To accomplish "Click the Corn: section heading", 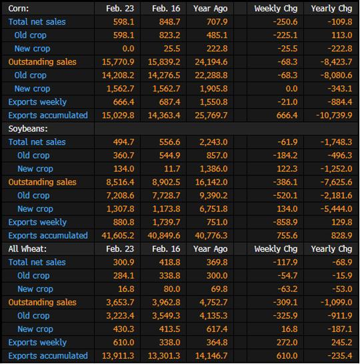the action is click(19, 9).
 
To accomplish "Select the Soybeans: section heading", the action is click(28, 129).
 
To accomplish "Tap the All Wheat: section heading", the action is click(27, 249).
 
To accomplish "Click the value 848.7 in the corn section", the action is click(169, 22).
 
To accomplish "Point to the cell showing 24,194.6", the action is click(211, 62).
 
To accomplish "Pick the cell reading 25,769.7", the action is click(211, 115).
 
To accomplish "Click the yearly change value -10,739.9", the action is click(334, 115).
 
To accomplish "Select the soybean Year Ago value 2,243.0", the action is click(213, 142).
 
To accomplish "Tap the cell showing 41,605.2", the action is click(118, 235).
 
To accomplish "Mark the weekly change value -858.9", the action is click(285, 223).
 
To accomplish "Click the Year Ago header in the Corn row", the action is click(210, 9).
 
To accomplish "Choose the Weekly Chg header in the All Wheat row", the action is click(276, 249).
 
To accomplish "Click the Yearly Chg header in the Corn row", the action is click(331, 9).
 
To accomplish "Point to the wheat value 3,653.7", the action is click(120, 303).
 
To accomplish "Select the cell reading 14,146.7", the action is click(211, 356).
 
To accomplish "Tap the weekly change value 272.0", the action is click(287, 343).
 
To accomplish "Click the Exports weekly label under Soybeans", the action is click(37, 223).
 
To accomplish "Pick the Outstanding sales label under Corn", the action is click(42, 62).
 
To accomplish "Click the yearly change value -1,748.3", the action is click(336, 142).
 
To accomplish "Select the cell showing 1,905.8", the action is click(213, 89).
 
